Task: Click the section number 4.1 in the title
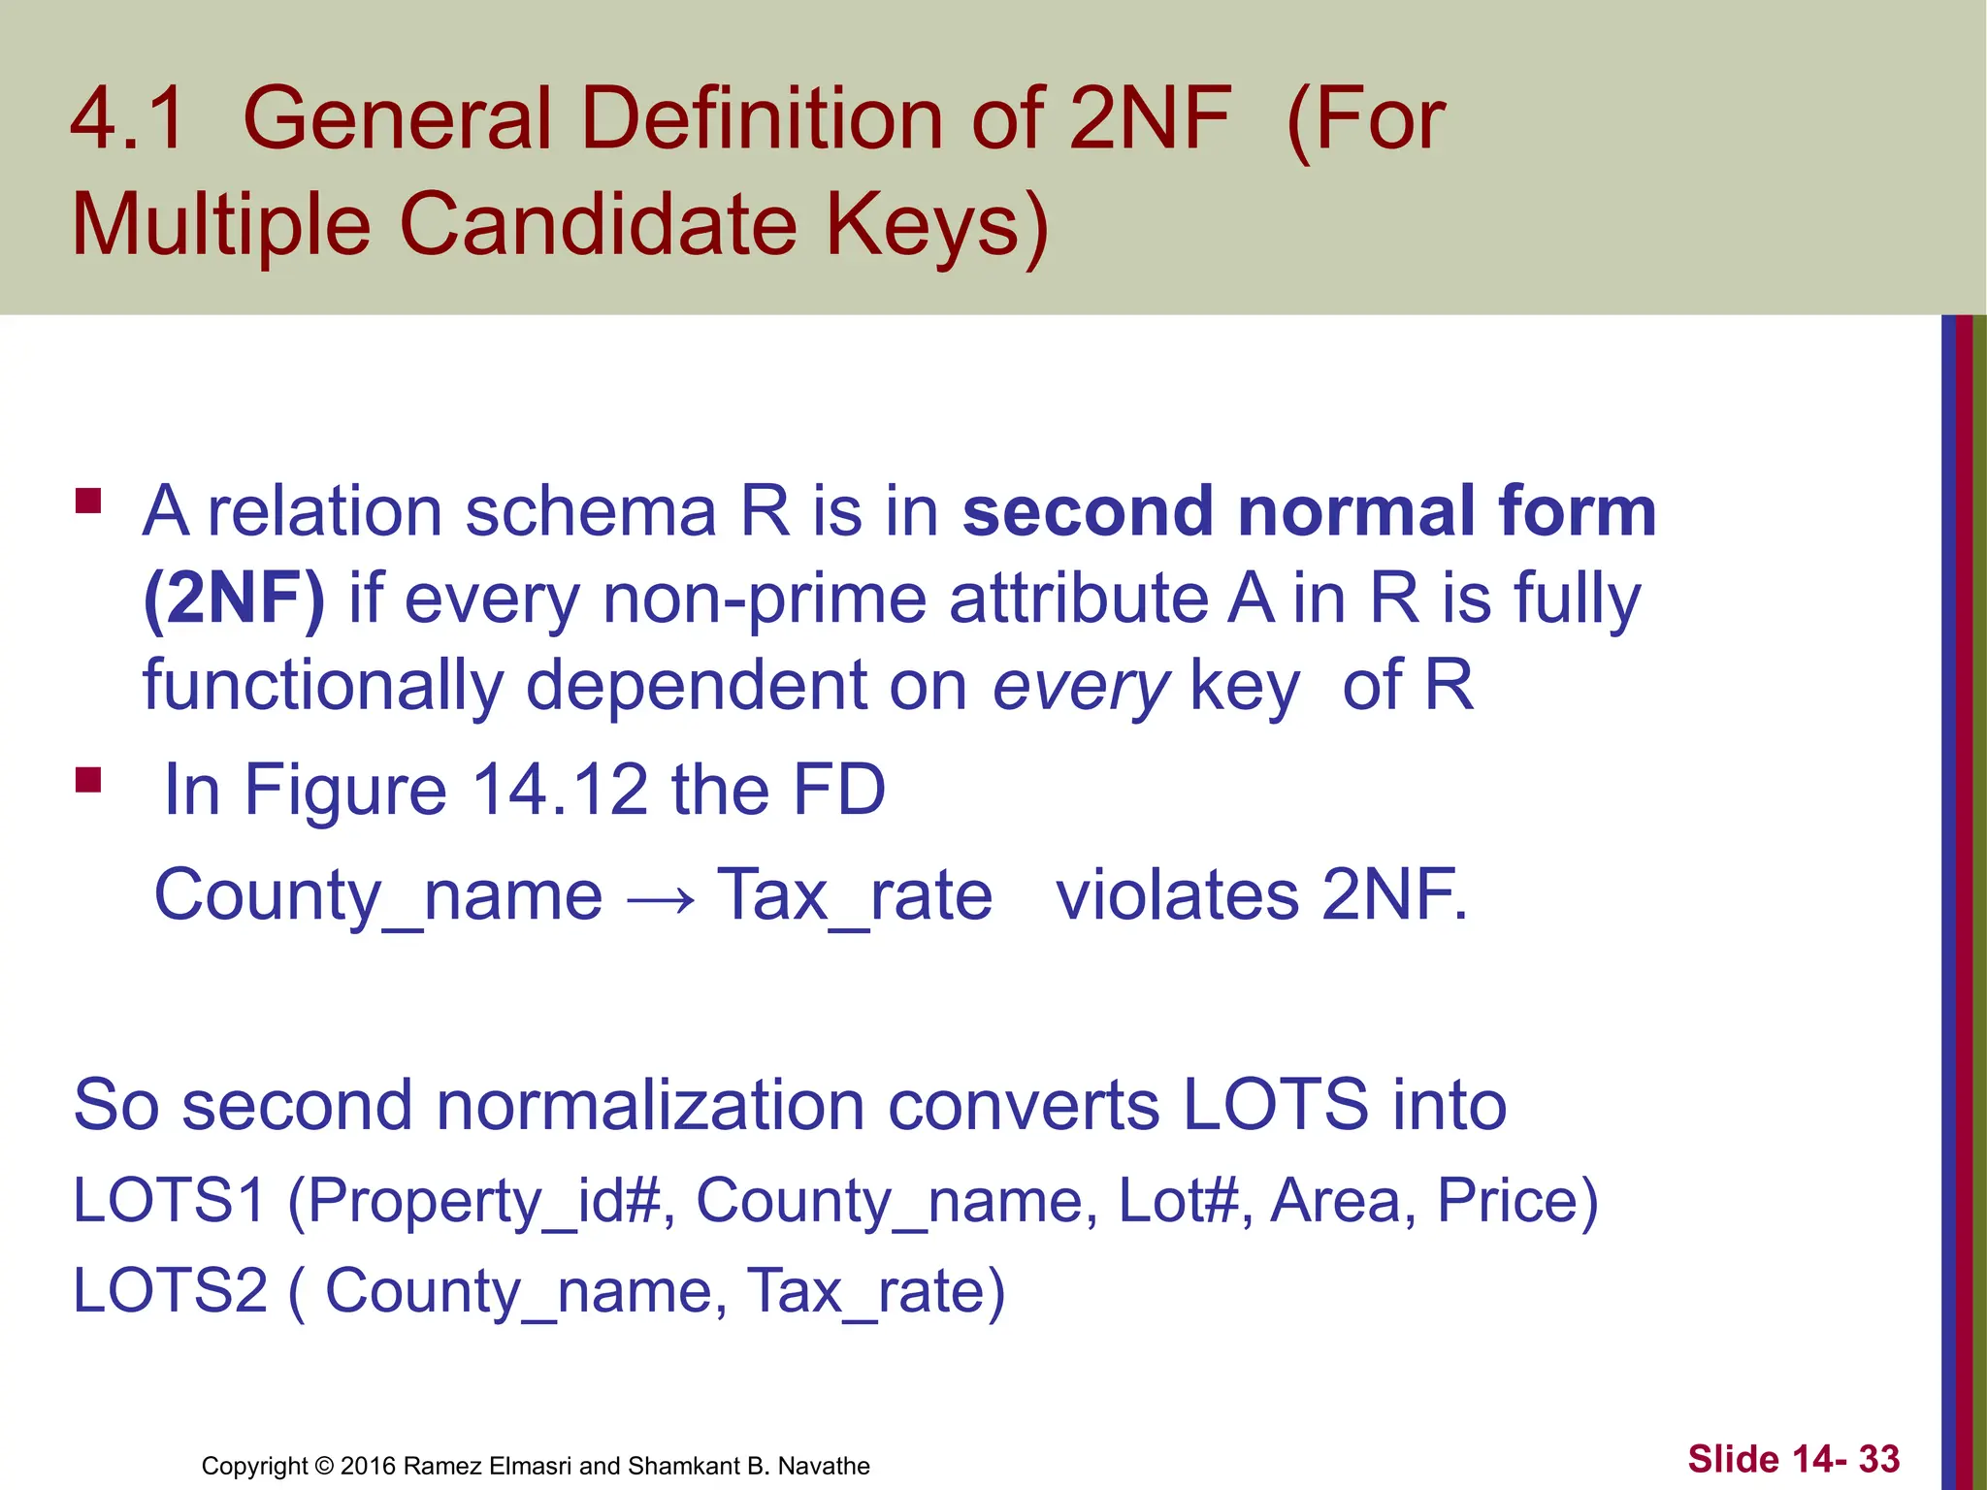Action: tap(127, 118)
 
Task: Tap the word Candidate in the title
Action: tap(599, 224)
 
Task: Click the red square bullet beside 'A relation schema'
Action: tap(88, 501)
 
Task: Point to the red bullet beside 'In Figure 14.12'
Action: tap(88, 780)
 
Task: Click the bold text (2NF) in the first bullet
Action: tap(234, 599)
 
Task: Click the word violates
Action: tap(1177, 894)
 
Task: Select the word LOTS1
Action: tap(169, 1200)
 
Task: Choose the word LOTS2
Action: tap(170, 1290)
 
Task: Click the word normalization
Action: tap(649, 1105)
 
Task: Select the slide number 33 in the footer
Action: tap(1878, 1459)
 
